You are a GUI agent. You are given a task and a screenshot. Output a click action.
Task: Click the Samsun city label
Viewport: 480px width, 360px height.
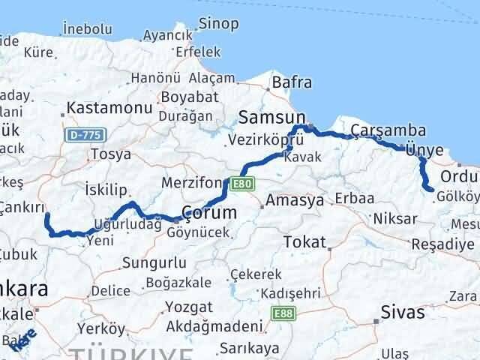point(272,117)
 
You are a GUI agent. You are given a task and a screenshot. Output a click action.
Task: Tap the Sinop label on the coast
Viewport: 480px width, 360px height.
point(218,23)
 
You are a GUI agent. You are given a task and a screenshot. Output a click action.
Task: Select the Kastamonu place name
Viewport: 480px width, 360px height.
point(109,108)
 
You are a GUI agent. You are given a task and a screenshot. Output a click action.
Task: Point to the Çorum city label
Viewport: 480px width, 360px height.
point(209,212)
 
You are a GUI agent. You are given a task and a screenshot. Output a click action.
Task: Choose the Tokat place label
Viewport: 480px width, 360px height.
point(305,242)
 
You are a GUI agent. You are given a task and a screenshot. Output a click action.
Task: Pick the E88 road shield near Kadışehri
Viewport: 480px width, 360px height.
point(282,313)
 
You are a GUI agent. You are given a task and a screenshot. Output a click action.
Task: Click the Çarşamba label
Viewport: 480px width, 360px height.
point(388,131)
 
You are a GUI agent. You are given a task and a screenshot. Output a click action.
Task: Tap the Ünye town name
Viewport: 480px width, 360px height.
point(424,150)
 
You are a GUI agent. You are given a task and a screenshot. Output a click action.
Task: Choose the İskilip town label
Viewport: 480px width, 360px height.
point(106,189)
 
